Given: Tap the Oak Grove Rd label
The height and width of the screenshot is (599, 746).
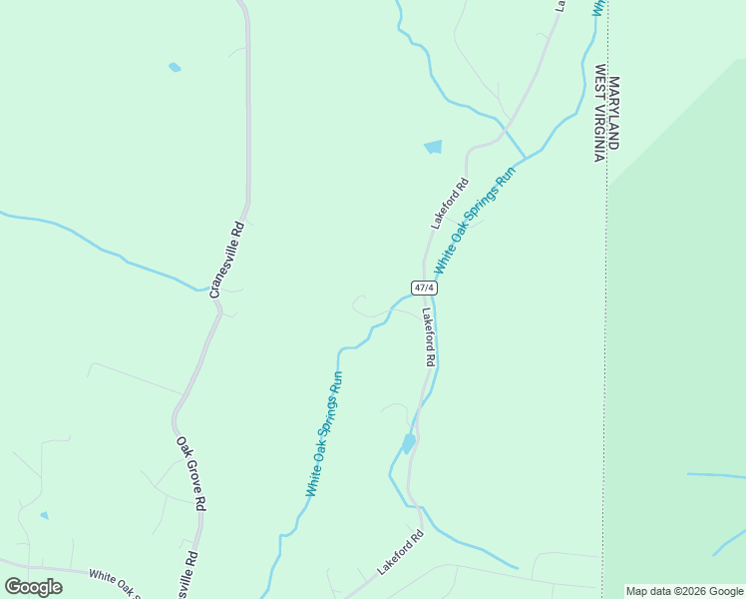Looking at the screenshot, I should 190,473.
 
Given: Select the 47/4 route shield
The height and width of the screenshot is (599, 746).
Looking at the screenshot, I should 424,288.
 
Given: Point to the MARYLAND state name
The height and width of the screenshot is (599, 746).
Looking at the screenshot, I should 613,113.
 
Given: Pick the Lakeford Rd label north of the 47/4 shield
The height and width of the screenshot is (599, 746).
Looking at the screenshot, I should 450,204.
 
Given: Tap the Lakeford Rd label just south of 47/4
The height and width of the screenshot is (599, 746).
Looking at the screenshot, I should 428,336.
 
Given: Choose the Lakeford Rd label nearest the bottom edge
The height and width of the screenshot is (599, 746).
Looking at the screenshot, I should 400,552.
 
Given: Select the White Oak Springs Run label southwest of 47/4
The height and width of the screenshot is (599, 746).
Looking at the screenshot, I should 325,435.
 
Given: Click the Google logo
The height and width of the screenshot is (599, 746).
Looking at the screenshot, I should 33,586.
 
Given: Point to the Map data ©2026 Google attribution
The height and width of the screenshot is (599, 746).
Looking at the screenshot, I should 684,591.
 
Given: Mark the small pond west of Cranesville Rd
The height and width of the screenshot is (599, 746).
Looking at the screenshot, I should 176,68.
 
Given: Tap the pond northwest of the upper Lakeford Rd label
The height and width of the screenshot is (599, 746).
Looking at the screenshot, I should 433,147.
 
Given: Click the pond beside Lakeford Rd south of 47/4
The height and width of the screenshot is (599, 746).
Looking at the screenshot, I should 408,442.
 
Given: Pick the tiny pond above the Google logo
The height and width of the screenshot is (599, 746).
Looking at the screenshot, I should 44,515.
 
